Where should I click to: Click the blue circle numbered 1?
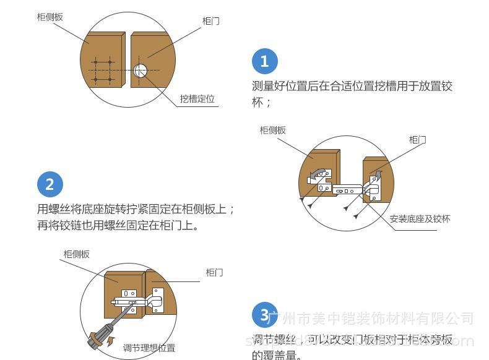pos(264,61)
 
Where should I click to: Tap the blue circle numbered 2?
pos(50,184)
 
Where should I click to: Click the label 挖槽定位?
pos(197,100)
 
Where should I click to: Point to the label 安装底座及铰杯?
pos(420,220)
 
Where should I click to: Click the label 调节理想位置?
pos(149,348)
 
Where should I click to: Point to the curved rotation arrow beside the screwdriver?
pos(111,340)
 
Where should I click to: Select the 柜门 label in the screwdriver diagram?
pos(214,272)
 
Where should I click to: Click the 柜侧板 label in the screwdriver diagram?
pos(76,254)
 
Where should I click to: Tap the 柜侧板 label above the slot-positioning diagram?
pos(50,17)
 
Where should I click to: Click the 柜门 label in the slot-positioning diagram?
pos(210,21)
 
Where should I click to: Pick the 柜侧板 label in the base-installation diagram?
pos(272,130)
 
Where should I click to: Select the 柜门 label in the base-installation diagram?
pos(417,140)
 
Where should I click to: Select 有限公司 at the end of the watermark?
pos(448,319)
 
